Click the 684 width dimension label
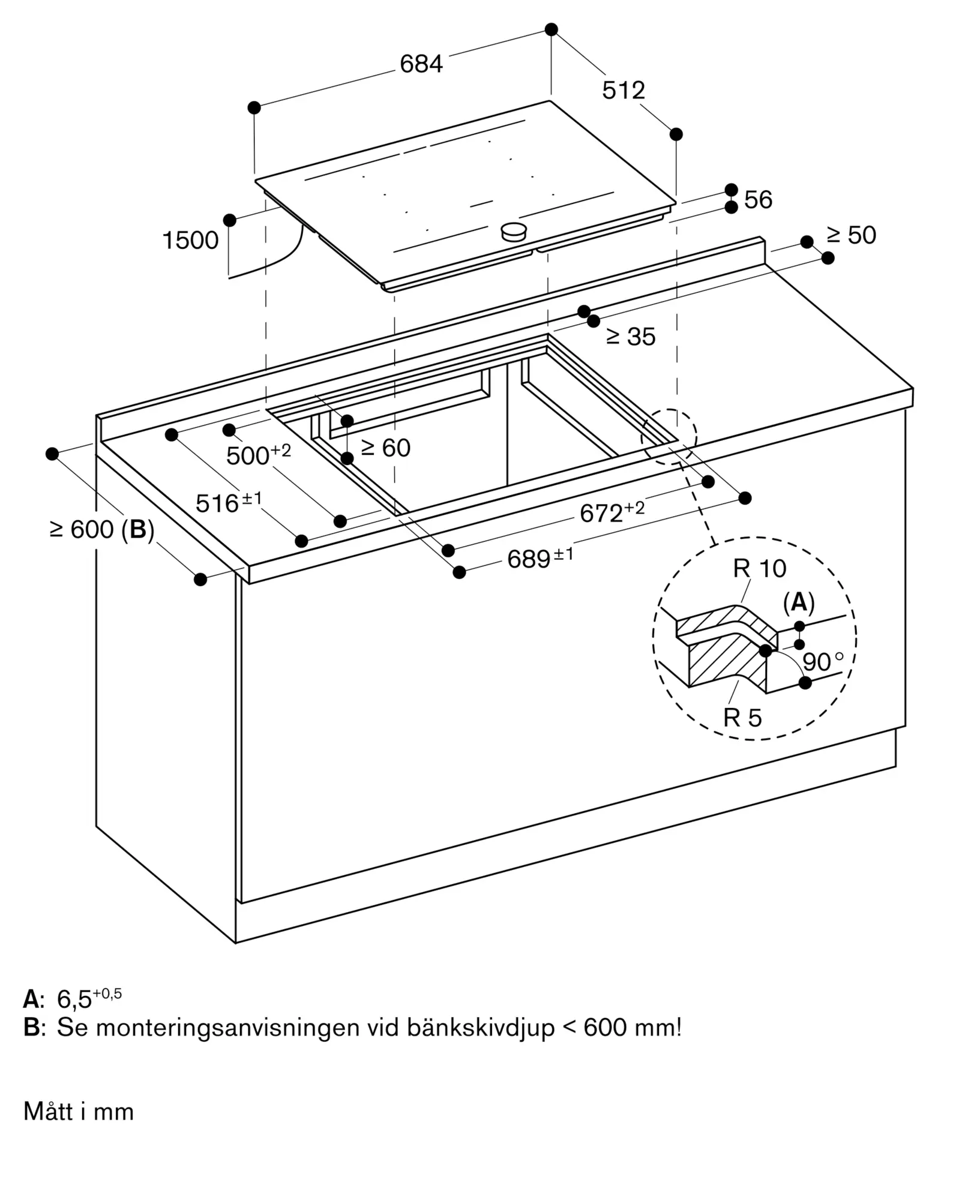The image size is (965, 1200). point(421,64)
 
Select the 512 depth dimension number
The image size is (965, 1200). point(624,90)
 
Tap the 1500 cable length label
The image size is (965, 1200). point(190,241)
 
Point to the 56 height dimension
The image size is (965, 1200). point(758,199)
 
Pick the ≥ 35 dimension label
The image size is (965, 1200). point(631,337)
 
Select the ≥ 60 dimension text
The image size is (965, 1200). point(385,448)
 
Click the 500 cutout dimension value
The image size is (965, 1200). point(259,454)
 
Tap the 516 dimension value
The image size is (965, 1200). point(229,502)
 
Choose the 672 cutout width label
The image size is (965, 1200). point(612,512)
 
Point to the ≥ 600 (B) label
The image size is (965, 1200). point(102,529)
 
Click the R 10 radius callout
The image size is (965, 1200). point(759,568)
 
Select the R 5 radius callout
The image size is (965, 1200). point(742,718)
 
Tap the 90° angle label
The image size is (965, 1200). point(823,662)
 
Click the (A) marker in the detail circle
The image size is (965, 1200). point(799,602)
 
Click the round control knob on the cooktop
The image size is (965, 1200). point(514,231)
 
